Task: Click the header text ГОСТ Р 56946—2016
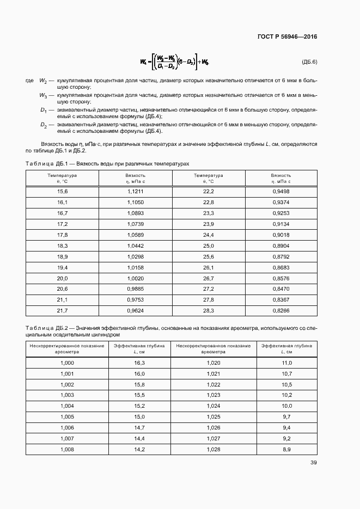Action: [287, 36]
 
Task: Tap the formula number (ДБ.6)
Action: [309, 62]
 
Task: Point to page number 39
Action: [313, 463]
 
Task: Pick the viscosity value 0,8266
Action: [280, 310]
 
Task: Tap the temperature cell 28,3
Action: [209, 310]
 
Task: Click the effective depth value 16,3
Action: [139, 363]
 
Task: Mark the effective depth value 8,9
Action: [286, 449]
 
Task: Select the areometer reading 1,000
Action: [68, 363]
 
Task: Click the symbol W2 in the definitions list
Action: [44, 81]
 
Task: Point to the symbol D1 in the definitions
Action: [44, 110]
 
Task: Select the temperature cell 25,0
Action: [209, 246]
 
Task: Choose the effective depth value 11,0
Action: [286, 363]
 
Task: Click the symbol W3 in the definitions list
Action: [44, 95]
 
